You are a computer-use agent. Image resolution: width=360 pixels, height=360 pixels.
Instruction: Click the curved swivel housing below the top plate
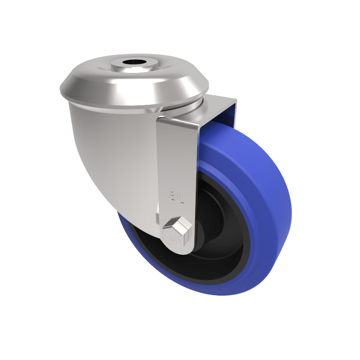point(112,148)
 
